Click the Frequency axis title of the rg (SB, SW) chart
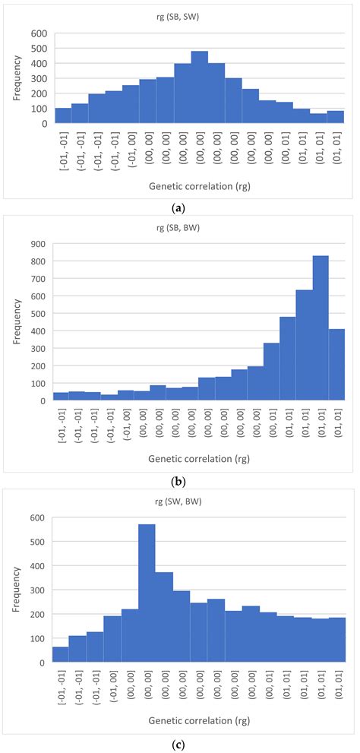click(17, 78)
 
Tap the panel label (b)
click(180, 481)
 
